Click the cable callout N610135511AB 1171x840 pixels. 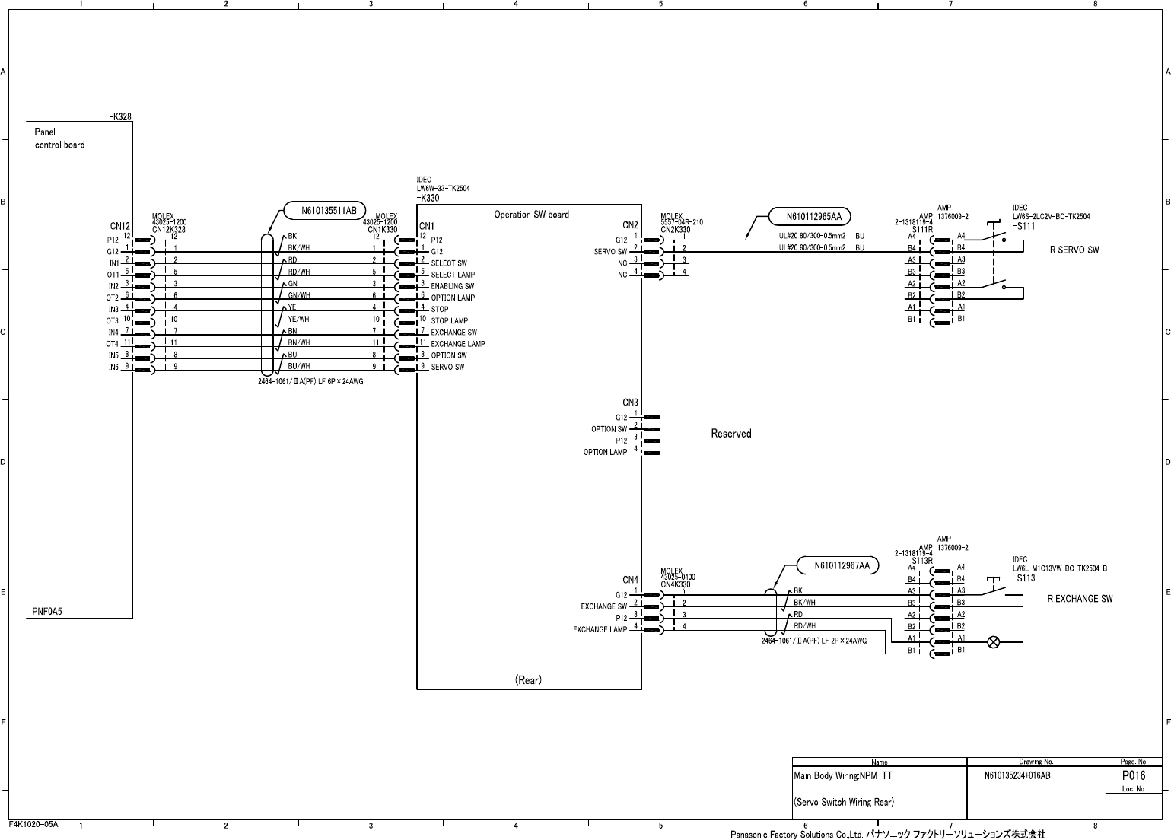coord(324,211)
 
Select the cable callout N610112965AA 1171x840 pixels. coord(810,217)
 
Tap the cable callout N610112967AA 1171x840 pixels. coord(837,565)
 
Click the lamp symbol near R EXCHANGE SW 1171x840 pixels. coord(993,642)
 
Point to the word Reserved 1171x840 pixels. coord(730,434)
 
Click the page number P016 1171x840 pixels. coord(1133,776)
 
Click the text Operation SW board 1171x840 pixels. coord(531,215)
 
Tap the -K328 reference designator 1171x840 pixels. coord(120,116)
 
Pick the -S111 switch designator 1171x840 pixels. coord(1023,227)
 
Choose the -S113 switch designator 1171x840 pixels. coord(1023,578)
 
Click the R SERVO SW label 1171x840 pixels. coord(1074,250)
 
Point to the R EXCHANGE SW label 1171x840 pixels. coord(1080,599)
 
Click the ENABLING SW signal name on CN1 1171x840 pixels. coord(452,286)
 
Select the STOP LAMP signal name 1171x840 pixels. coord(449,321)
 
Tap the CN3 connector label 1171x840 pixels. coord(630,402)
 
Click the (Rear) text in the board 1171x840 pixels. coord(528,680)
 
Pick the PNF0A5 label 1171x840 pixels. coord(48,611)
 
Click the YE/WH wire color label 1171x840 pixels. coord(298,320)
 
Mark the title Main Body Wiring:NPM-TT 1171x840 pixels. coord(842,777)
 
